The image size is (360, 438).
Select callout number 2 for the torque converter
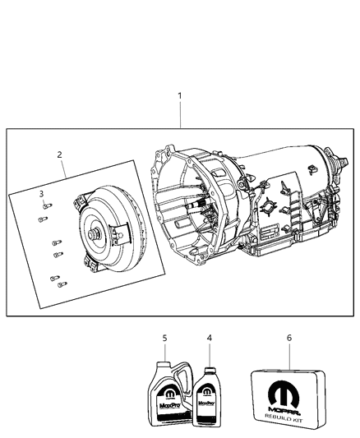59,154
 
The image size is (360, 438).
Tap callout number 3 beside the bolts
41,193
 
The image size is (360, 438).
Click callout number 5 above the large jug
164,338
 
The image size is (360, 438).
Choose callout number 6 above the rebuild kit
288,338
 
